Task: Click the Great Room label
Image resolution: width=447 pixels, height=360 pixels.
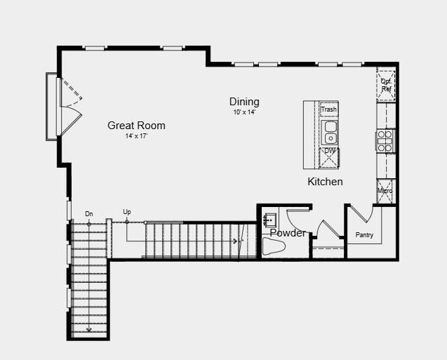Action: pyautogui.click(x=136, y=126)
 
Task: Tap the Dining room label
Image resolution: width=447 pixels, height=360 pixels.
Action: pyautogui.click(x=244, y=102)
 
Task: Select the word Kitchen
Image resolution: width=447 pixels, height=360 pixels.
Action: pyautogui.click(x=325, y=182)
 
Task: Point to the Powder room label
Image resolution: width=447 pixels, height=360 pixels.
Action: pyautogui.click(x=288, y=233)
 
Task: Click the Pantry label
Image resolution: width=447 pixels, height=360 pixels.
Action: pyautogui.click(x=364, y=235)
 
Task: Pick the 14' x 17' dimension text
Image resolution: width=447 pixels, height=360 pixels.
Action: pyautogui.click(x=136, y=136)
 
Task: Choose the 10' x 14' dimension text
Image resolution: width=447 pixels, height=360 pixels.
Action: pyautogui.click(x=244, y=112)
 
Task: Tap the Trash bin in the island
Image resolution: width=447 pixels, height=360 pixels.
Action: pyautogui.click(x=329, y=109)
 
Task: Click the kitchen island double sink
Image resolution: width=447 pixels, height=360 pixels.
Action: pyautogui.click(x=330, y=133)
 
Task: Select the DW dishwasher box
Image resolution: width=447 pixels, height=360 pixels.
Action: pyautogui.click(x=329, y=158)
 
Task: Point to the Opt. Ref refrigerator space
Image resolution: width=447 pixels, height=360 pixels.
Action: pyautogui.click(x=386, y=85)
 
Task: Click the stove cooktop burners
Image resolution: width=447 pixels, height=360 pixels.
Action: pyautogui.click(x=385, y=141)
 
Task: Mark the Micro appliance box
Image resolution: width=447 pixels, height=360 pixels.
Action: pyautogui.click(x=385, y=191)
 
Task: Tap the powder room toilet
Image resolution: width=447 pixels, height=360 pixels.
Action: pyautogui.click(x=274, y=246)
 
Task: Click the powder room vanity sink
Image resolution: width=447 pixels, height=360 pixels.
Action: pyautogui.click(x=269, y=220)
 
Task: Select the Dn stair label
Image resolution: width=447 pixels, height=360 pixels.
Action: pyautogui.click(x=89, y=214)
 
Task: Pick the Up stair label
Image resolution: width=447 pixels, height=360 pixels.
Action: pyautogui.click(x=127, y=212)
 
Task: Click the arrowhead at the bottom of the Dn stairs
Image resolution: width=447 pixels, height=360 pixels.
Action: pyautogui.click(x=89, y=330)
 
